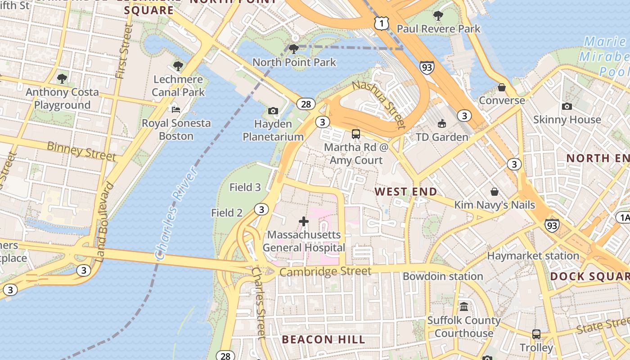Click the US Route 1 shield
point(381,23)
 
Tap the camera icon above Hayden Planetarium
point(273,111)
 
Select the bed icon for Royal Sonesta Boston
point(176,109)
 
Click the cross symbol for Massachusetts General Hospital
point(304,221)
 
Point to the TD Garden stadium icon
point(441,124)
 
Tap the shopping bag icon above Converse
point(502,87)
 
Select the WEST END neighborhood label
point(406,192)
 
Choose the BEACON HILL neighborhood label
point(324,339)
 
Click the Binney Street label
point(81,151)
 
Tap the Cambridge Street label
point(325,271)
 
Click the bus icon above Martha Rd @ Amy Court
point(356,134)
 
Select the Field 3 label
point(245,187)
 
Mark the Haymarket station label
point(533,256)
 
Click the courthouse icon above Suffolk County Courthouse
point(463,307)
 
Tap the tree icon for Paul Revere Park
point(438,16)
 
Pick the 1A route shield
point(623,218)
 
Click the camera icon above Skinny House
point(567,106)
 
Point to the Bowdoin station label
point(443,276)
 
